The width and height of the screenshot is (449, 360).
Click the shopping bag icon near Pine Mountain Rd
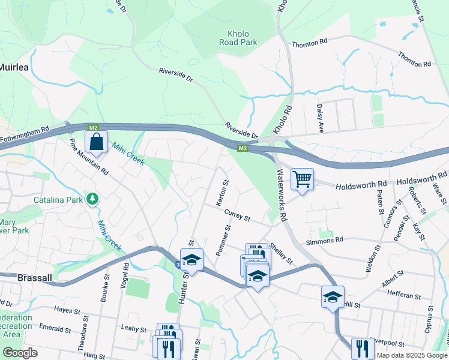pyautogui.click(x=96, y=143)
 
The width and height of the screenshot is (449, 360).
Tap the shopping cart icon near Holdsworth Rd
pyautogui.click(x=302, y=179)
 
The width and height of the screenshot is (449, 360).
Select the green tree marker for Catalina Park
pyautogui.click(x=92, y=199)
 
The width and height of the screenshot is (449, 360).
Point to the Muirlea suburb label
pyautogui.click(x=14, y=67)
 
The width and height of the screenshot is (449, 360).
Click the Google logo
pyautogui.click(x=20, y=353)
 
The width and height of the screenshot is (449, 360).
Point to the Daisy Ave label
pyautogui.click(x=320, y=118)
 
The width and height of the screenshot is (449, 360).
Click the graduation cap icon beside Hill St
pyautogui.click(x=333, y=297)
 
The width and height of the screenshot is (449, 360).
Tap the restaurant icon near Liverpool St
pyautogui.click(x=362, y=348)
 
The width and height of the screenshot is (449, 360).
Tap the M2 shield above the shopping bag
pyautogui.click(x=92, y=128)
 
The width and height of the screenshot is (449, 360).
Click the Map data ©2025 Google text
pyautogui.click(x=411, y=355)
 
